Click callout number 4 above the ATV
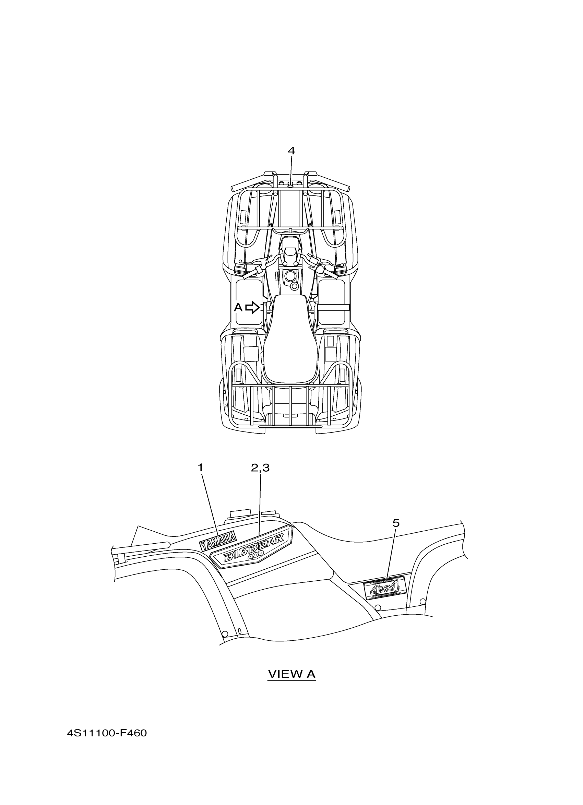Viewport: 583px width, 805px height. (x=291, y=151)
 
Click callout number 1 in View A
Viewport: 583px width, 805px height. (x=201, y=467)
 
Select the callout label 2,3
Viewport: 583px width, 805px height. (x=260, y=468)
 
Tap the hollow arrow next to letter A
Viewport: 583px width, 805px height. (x=252, y=307)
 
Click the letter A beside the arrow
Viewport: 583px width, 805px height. (x=238, y=307)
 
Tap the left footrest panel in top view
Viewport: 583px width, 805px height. (x=248, y=302)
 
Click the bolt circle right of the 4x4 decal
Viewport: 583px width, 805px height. (x=422, y=601)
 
